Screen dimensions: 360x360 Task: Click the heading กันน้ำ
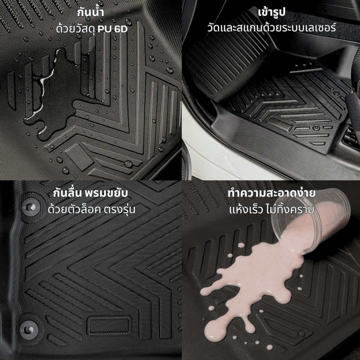pyautogui.click(x=90, y=12)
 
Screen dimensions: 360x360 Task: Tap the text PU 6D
pyautogui.click(x=112, y=29)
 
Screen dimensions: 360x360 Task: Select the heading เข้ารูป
pyautogui.click(x=271, y=12)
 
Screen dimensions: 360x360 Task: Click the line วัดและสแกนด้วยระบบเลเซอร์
pyautogui.click(x=271, y=28)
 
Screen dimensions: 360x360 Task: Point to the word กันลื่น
pyautogui.click(x=67, y=193)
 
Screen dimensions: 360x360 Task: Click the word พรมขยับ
pyautogui.click(x=106, y=193)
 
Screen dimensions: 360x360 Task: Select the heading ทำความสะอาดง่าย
pyautogui.click(x=272, y=193)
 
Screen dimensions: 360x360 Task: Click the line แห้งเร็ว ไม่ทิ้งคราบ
pyautogui.click(x=272, y=210)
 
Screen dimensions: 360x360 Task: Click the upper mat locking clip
pyautogui.click(x=31, y=207)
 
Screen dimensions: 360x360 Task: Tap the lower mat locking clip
pyautogui.click(x=29, y=330)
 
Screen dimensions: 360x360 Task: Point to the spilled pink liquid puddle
pyautogui.click(x=252, y=285)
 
